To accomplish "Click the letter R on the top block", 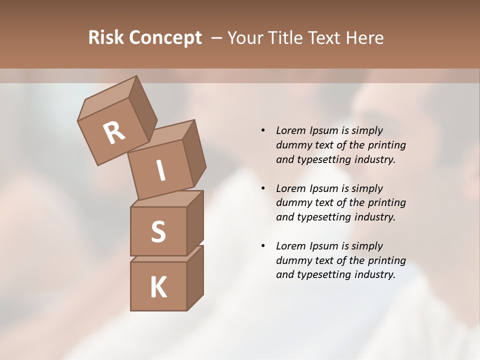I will (114, 133).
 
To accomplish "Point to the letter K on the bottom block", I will (158, 287).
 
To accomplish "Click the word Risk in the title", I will (106, 38).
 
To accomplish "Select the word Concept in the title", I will (165, 38).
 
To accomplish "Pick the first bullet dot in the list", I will (263, 130).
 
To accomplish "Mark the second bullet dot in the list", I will (263, 188).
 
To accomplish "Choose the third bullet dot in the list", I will (263, 246).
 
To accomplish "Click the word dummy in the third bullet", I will (292, 260).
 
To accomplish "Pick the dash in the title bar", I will (217, 38).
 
